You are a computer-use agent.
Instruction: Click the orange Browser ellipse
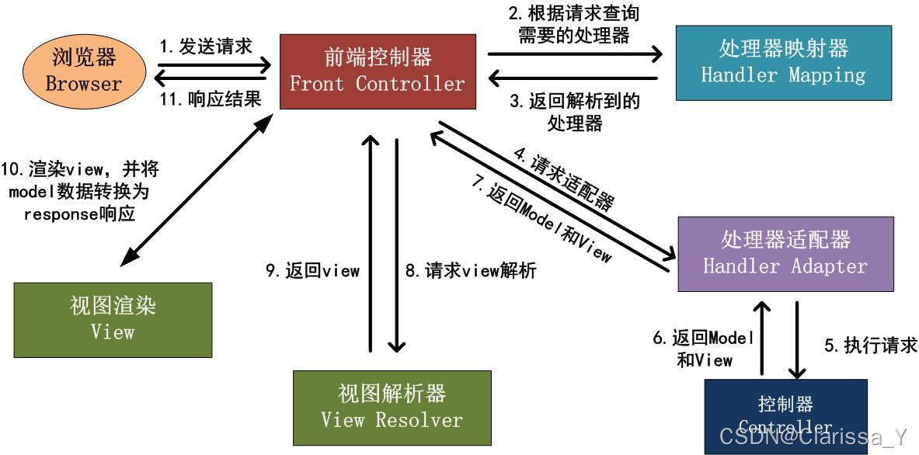[x=84, y=69]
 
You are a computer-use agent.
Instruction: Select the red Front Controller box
[x=378, y=71]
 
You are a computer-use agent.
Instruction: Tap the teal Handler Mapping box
[x=783, y=63]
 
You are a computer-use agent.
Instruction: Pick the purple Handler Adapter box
[x=785, y=253]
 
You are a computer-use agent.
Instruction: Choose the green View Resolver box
[x=392, y=408]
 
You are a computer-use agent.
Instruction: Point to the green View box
[x=113, y=319]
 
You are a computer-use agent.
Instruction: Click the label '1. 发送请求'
[x=206, y=46]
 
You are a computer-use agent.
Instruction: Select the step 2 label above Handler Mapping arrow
[x=574, y=24]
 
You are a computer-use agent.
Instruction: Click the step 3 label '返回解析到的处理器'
[x=574, y=112]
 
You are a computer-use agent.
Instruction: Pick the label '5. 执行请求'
[x=871, y=346]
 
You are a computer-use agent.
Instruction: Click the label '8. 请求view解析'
[x=471, y=270]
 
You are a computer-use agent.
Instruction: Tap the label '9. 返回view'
[x=312, y=270]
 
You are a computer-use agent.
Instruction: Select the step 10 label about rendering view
[x=78, y=191]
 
